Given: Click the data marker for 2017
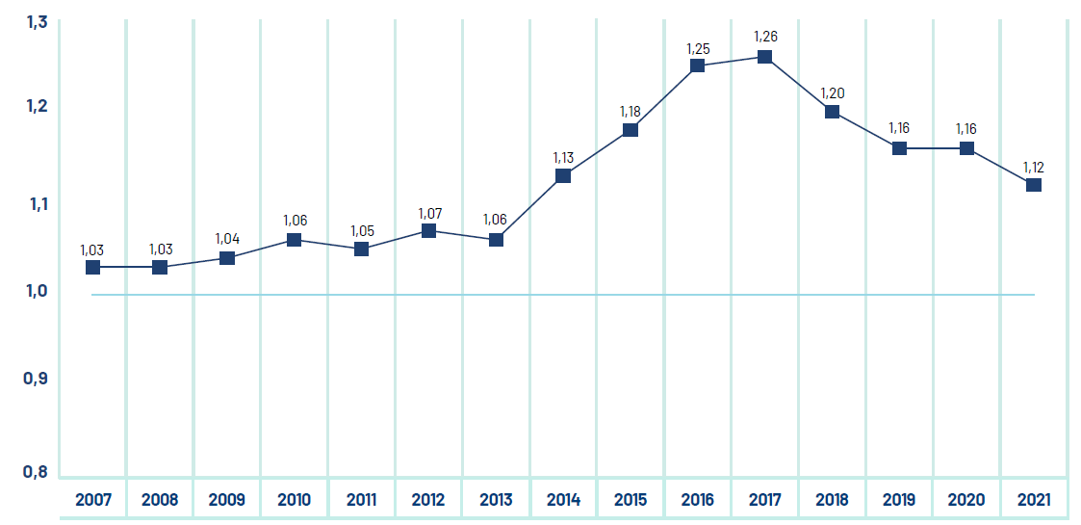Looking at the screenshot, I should pyautogui.click(x=764, y=57).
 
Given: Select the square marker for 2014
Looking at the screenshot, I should pyautogui.click(x=563, y=175).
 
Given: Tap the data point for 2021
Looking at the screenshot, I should pyautogui.click(x=1033, y=185).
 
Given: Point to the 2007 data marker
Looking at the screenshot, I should pyautogui.click(x=92, y=267).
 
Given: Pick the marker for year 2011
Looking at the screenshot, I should pyautogui.click(x=361, y=249).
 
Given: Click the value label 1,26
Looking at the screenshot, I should pyautogui.click(x=765, y=37).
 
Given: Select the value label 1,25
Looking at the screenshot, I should pyautogui.click(x=697, y=46).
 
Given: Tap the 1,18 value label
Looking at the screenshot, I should pyautogui.click(x=630, y=111).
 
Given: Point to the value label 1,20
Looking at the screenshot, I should pyautogui.click(x=832, y=92).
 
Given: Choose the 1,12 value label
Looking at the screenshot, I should pyautogui.click(x=1033, y=166).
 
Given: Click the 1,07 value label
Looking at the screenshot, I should pyautogui.click(x=428, y=212).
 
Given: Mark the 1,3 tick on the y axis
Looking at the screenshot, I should pyautogui.click(x=36, y=22).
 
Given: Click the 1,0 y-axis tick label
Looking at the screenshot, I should pyautogui.click(x=36, y=291).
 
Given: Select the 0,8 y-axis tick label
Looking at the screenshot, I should pyautogui.click(x=36, y=471).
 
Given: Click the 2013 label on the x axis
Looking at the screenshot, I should pyautogui.click(x=496, y=500).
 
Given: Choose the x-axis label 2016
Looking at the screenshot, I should pyautogui.click(x=697, y=500).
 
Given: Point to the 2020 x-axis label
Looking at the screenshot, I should pyautogui.click(x=966, y=500).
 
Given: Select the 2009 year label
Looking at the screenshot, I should pyautogui.click(x=226, y=500).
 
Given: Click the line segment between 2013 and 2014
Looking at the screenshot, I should pyautogui.click(x=529, y=207).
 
